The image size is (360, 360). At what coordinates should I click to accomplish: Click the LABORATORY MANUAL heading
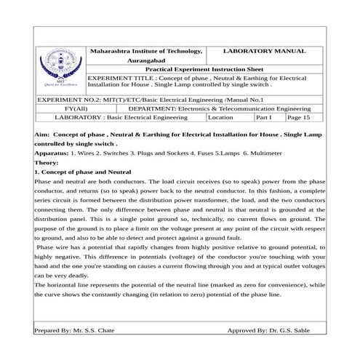(x=263, y=52)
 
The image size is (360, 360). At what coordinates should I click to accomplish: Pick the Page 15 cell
(x=298, y=116)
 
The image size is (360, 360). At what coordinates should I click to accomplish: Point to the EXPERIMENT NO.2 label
(x=63, y=98)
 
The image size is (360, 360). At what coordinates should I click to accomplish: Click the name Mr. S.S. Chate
(x=94, y=330)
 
